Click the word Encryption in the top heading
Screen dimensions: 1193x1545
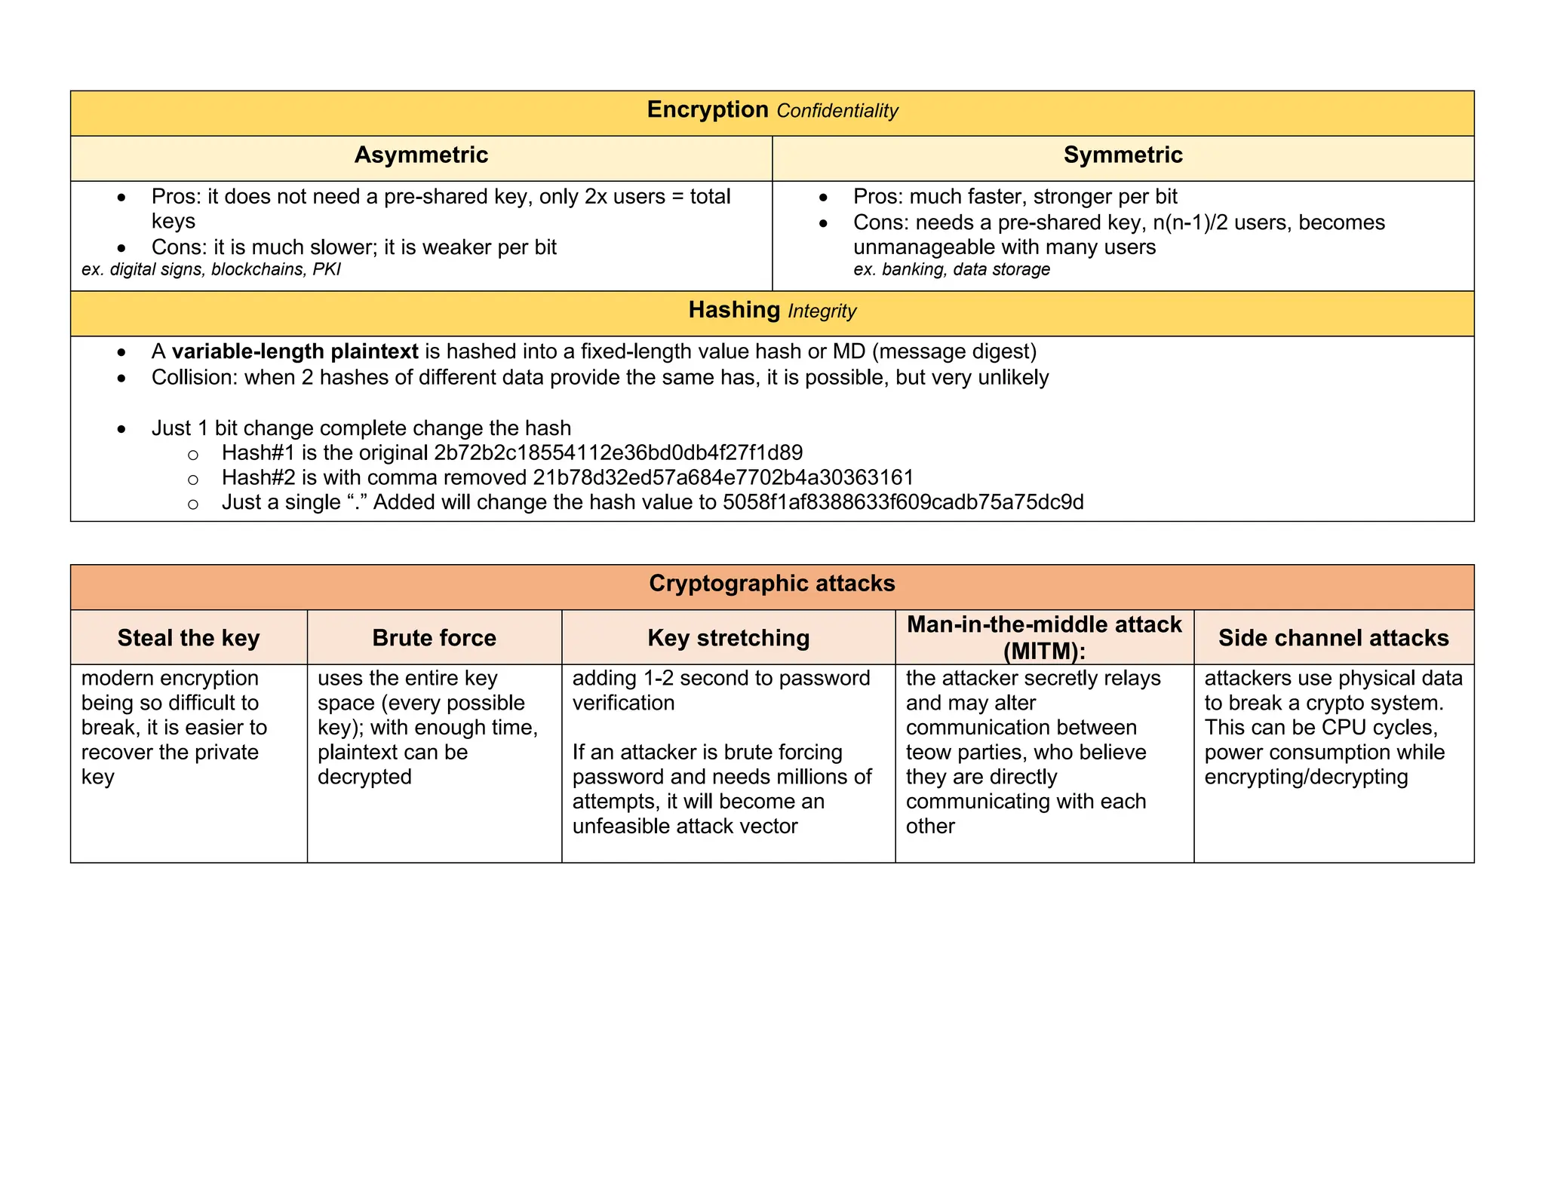(x=707, y=110)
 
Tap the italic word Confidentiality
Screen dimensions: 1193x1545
(x=837, y=112)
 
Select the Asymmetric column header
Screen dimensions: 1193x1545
(x=421, y=155)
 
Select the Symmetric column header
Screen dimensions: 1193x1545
(x=1123, y=155)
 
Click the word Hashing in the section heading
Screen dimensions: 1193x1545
(x=733, y=311)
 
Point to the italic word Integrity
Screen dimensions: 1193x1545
(x=822, y=311)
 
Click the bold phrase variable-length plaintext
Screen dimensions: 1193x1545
(x=295, y=352)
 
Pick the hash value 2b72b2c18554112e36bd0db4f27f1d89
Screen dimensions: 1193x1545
(x=618, y=453)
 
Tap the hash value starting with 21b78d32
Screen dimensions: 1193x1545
(x=723, y=478)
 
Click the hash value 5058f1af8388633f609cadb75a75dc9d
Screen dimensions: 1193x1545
(x=902, y=503)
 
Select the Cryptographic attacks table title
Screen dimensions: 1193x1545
(x=772, y=584)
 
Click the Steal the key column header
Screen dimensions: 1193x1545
(x=189, y=639)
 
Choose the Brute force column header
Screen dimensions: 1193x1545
(x=434, y=639)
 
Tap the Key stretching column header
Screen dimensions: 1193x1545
(x=728, y=639)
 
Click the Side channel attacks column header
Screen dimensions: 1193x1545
(x=1333, y=639)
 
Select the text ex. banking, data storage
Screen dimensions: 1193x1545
(x=951, y=270)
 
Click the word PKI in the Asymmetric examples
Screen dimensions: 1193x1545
(x=326, y=270)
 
